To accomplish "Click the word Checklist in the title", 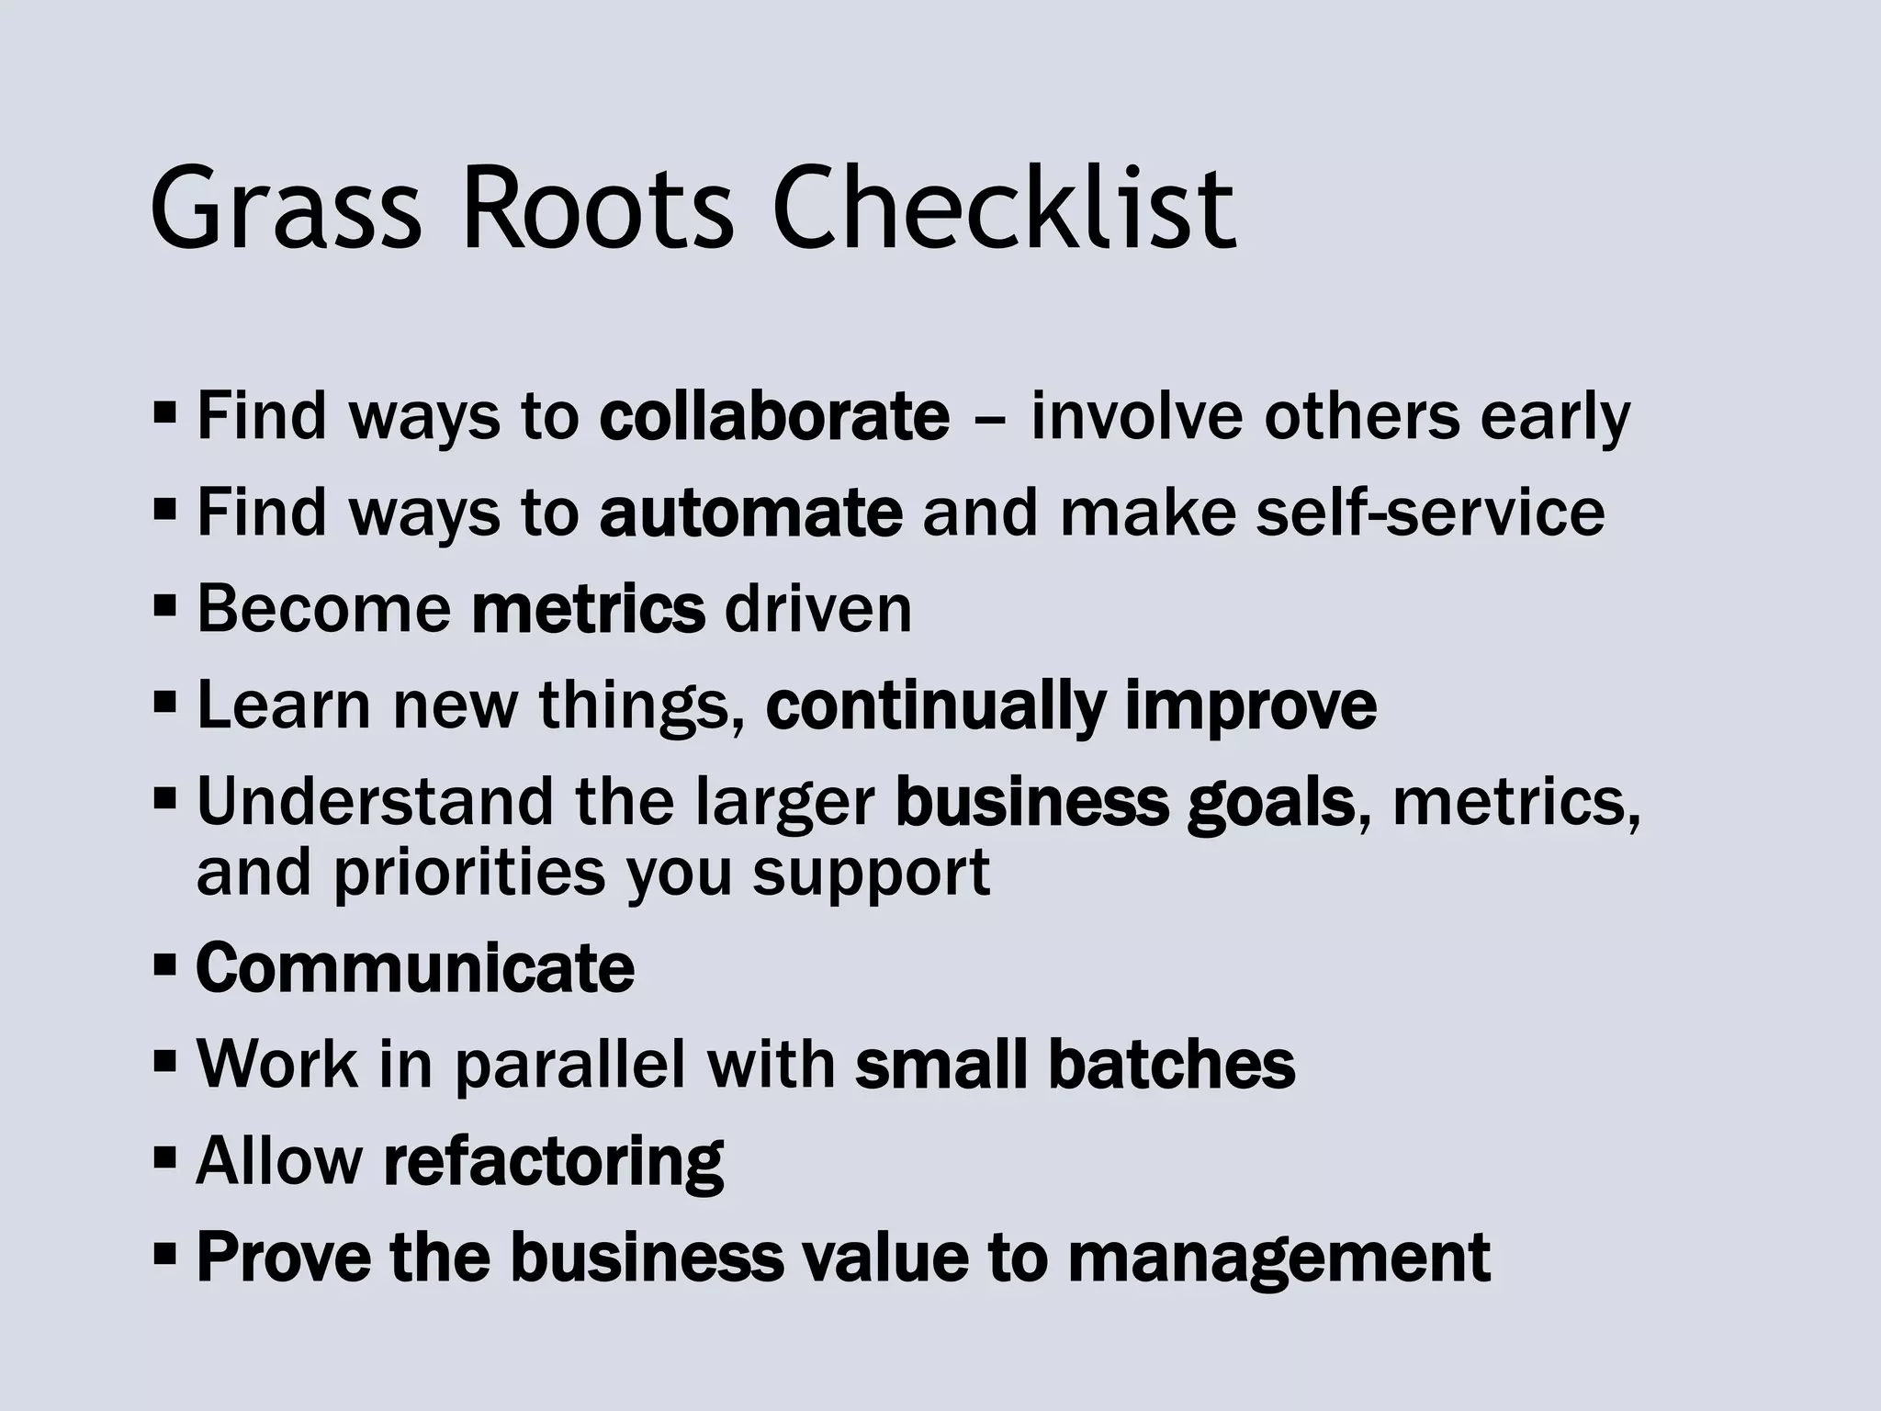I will click(1006, 209).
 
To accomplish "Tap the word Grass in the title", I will click(286, 209).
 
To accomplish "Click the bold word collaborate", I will click(774, 416).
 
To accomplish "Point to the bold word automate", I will click(750, 513).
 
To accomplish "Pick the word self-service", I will click(1430, 513).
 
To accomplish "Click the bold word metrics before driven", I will click(588, 609).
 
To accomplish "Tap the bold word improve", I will click(1250, 705).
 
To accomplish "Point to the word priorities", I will click(469, 873).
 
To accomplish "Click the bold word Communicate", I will click(415, 968).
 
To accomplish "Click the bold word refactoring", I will click(553, 1162).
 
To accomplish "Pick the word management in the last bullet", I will click(1278, 1259).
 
